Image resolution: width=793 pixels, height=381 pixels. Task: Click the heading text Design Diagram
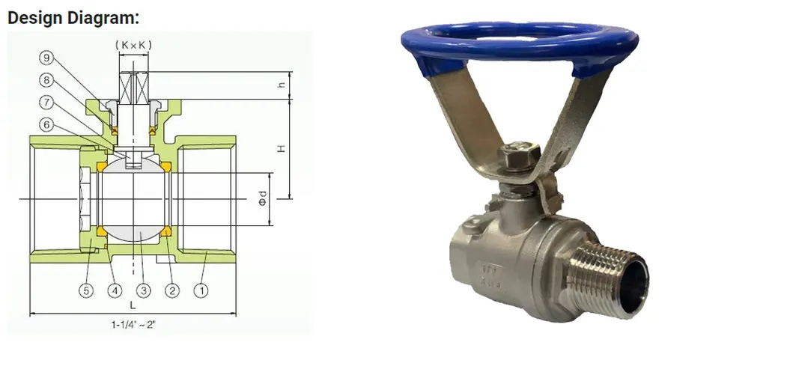pos(73,17)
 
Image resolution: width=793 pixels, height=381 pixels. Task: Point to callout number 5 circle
pos(88,290)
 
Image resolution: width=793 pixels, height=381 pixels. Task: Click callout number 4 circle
pos(115,290)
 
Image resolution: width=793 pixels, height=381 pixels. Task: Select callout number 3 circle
pos(144,290)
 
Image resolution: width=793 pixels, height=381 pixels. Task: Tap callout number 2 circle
pos(173,290)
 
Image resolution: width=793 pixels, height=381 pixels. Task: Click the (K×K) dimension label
pos(133,46)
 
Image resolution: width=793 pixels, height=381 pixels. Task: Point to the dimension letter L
pos(133,305)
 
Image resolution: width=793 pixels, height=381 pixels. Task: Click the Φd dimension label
pos(263,199)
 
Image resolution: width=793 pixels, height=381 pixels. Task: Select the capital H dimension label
pos(281,149)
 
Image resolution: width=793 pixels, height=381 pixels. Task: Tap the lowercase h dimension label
pos(281,85)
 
